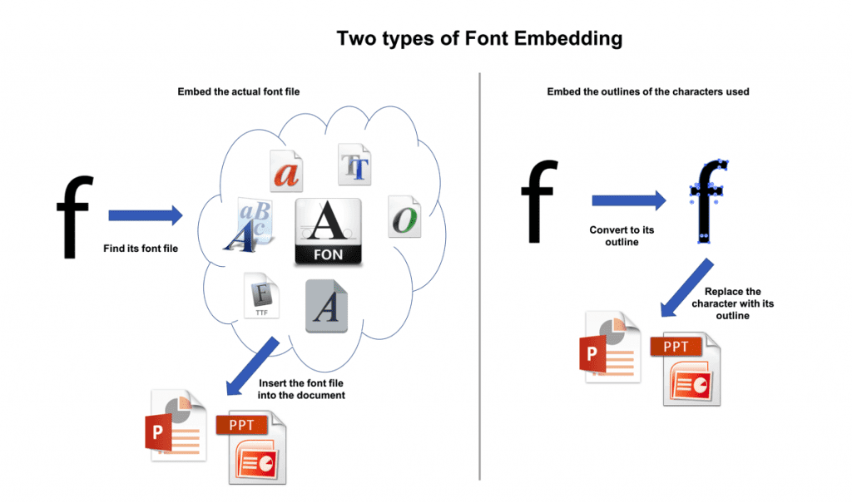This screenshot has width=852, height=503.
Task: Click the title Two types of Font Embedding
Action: click(x=479, y=38)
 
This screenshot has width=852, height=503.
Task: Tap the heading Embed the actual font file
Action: click(x=239, y=91)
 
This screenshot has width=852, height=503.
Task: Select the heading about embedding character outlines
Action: click(x=647, y=91)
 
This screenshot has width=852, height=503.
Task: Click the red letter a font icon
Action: click(x=286, y=171)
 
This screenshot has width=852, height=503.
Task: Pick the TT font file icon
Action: click(x=354, y=165)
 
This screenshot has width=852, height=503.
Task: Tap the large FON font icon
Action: click(x=328, y=232)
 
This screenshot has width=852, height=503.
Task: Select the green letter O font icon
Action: click(x=405, y=217)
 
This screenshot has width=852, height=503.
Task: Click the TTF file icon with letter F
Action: click(x=261, y=295)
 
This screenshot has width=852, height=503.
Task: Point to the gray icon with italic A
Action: click(x=326, y=306)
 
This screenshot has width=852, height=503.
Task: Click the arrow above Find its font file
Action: click(x=145, y=215)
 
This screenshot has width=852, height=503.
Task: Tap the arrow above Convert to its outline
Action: click(x=629, y=200)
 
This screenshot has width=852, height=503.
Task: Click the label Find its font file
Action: click(x=141, y=249)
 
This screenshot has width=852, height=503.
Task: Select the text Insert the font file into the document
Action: click(x=301, y=389)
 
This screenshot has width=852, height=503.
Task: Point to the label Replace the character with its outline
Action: click(x=732, y=303)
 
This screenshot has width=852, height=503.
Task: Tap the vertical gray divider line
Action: click(x=480, y=277)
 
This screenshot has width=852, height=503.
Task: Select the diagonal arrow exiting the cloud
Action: click(x=252, y=366)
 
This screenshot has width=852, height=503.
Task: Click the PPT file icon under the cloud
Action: click(x=251, y=447)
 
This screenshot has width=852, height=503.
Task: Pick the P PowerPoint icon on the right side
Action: click(x=610, y=348)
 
